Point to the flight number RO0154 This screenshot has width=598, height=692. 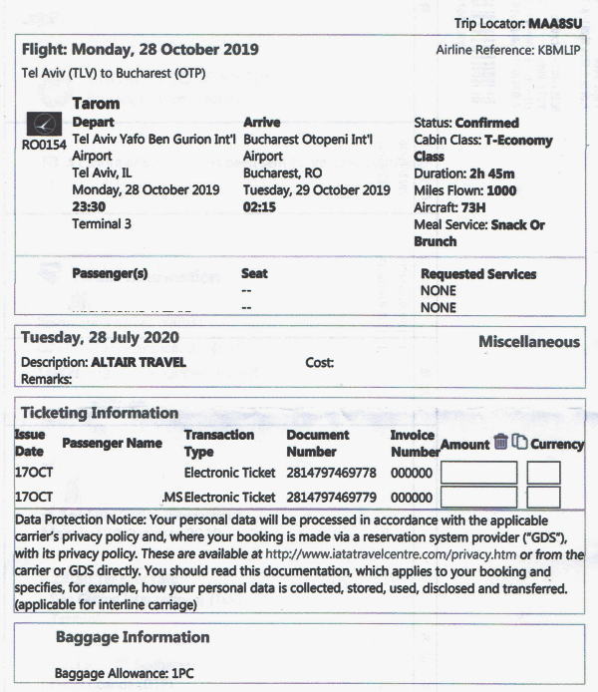pos(44,145)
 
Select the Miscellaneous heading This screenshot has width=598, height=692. pos(528,342)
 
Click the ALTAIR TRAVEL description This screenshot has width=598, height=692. pos(139,363)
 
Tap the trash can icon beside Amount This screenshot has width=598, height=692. pos(501,443)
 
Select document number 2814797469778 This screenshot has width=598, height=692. pos(331,472)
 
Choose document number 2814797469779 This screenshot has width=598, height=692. pos(331,497)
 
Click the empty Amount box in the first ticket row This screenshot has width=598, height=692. pos(477,473)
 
